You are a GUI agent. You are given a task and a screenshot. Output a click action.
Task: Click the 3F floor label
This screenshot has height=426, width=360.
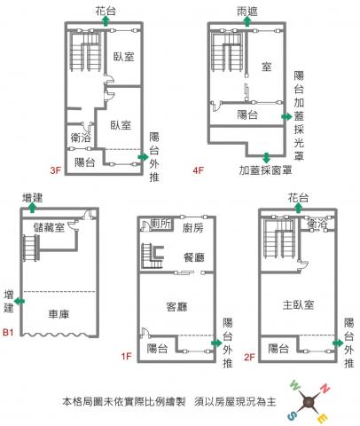(x=55, y=170)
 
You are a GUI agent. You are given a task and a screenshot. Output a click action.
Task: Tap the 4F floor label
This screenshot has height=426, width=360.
(x=198, y=170)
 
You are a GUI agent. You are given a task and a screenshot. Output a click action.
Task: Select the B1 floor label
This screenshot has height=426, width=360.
(x=8, y=332)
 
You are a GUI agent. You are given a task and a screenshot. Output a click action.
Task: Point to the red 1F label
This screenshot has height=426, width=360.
(x=126, y=356)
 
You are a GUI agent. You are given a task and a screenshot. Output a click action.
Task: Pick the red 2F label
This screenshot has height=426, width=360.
(x=249, y=357)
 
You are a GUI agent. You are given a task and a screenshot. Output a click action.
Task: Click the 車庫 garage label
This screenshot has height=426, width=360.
(x=59, y=314)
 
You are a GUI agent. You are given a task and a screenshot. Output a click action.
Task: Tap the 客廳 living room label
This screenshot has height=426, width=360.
(x=176, y=307)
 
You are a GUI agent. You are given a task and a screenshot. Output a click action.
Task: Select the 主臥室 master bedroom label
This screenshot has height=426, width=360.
(x=298, y=304)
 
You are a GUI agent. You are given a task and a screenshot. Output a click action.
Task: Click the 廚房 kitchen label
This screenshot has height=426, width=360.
(x=192, y=228)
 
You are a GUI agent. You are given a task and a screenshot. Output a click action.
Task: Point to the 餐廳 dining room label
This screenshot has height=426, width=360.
(x=194, y=257)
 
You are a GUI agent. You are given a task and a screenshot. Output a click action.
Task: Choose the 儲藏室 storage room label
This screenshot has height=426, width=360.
(x=49, y=227)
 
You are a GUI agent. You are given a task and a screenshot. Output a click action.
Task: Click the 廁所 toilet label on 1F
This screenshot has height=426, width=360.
(x=160, y=224)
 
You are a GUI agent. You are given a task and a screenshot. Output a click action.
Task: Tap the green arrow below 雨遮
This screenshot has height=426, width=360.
(x=247, y=21)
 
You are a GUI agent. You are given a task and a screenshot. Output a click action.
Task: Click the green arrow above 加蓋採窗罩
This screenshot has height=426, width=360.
(x=267, y=158)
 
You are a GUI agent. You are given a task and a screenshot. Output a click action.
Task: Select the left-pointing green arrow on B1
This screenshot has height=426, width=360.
(x=20, y=302)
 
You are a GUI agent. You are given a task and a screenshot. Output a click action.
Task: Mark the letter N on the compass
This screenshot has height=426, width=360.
(x=325, y=389)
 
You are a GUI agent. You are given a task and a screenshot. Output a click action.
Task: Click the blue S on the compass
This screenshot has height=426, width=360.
(x=292, y=416)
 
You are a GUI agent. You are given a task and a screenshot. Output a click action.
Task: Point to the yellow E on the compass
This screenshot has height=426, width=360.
(x=323, y=418)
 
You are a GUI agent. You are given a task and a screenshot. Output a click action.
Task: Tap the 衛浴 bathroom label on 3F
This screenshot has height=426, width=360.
(x=81, y=138)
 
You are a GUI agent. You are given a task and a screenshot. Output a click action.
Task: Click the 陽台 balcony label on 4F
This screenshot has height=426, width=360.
(x=247, y=114)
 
